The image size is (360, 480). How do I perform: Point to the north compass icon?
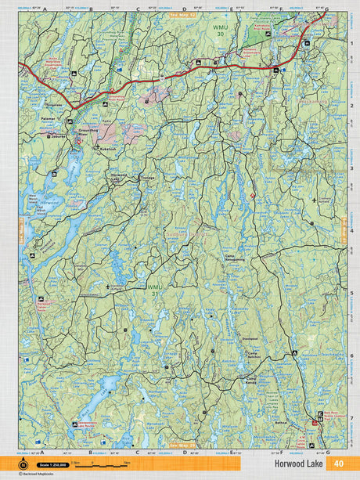(x=23, y=465)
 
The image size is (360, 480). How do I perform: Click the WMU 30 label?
(x=221, y=31)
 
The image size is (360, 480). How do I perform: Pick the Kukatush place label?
(x=106, y=147)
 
